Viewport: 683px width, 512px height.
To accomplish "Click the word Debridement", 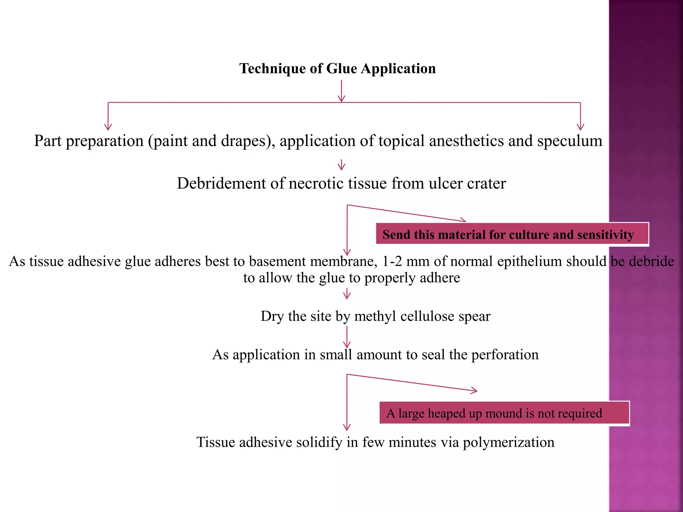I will point(221,184).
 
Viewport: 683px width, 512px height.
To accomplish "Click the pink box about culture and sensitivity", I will point(512,234).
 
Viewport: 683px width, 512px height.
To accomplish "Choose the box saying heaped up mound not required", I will point(504,413).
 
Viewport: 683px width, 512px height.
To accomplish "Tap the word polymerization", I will point(508,443).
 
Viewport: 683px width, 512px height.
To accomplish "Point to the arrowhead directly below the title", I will point(341,99).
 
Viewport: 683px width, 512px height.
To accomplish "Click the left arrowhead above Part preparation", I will point(108,127).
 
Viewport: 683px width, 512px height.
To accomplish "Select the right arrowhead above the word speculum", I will point(580,127).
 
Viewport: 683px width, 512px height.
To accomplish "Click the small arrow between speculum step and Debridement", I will point(341,166).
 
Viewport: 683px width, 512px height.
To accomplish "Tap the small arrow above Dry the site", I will point(347,294).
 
